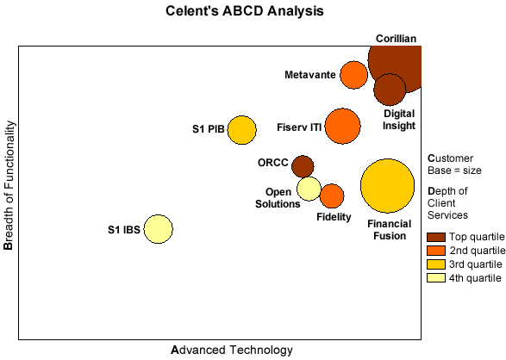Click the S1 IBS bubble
[158, 229]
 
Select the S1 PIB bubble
[241, 130]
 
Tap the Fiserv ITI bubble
[342, 126]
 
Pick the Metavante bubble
[353, 75]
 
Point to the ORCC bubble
[303, 166]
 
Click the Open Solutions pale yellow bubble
[309, 189]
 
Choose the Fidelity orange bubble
[332, 196]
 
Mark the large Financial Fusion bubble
[387, 186]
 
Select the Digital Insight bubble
[390, 90]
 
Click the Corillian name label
[396, 39]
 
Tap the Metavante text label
[310, 75]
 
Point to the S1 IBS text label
[124, 230]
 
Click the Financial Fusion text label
[389, 230]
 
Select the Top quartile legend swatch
[436, 237]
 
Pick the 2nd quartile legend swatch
[436, 251]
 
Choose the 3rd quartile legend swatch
[436, 264]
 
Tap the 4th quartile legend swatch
[436, 278]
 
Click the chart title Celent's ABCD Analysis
[245, 11]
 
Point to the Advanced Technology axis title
[232, 350]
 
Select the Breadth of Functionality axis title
[9, 185]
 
